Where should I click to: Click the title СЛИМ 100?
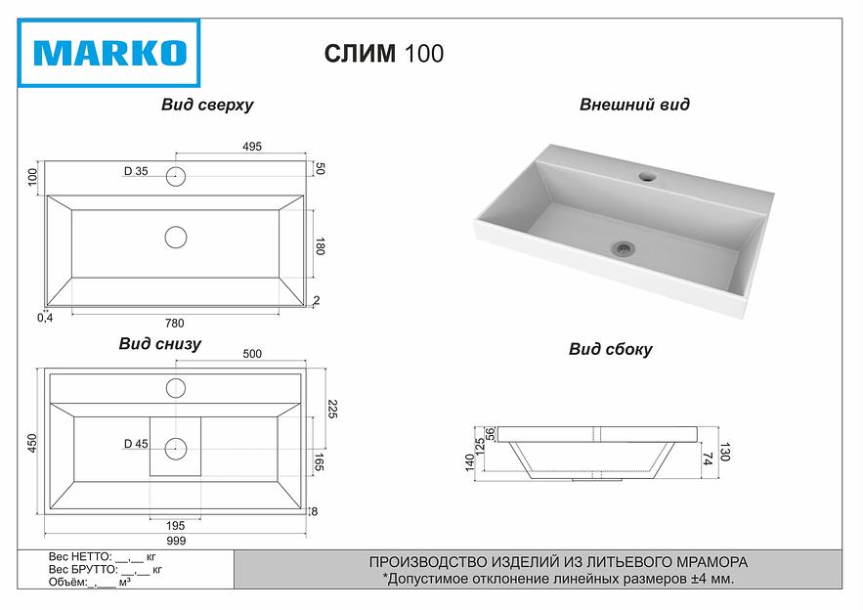383,54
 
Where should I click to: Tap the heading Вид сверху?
207,105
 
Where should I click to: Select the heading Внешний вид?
633,105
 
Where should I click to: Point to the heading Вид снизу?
160,343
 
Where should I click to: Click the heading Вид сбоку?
610,349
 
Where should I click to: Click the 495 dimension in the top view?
251,147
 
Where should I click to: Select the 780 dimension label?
175,323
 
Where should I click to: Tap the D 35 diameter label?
136,172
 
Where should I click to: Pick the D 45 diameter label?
136,444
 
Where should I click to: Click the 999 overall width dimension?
176,541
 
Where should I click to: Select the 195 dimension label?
176,526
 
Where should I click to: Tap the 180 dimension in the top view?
320,246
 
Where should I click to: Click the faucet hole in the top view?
176,177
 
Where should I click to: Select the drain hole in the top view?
176,237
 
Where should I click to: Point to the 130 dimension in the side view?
724,453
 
